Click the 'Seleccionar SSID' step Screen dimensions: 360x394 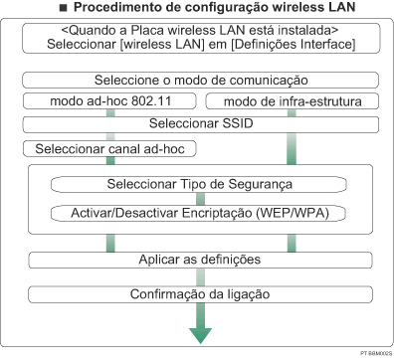point(200,123)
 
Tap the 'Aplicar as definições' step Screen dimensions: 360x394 point(200,260)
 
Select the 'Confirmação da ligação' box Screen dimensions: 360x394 point(200,294)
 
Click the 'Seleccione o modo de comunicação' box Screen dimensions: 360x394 point(200,80)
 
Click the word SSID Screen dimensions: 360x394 point(236,123)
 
